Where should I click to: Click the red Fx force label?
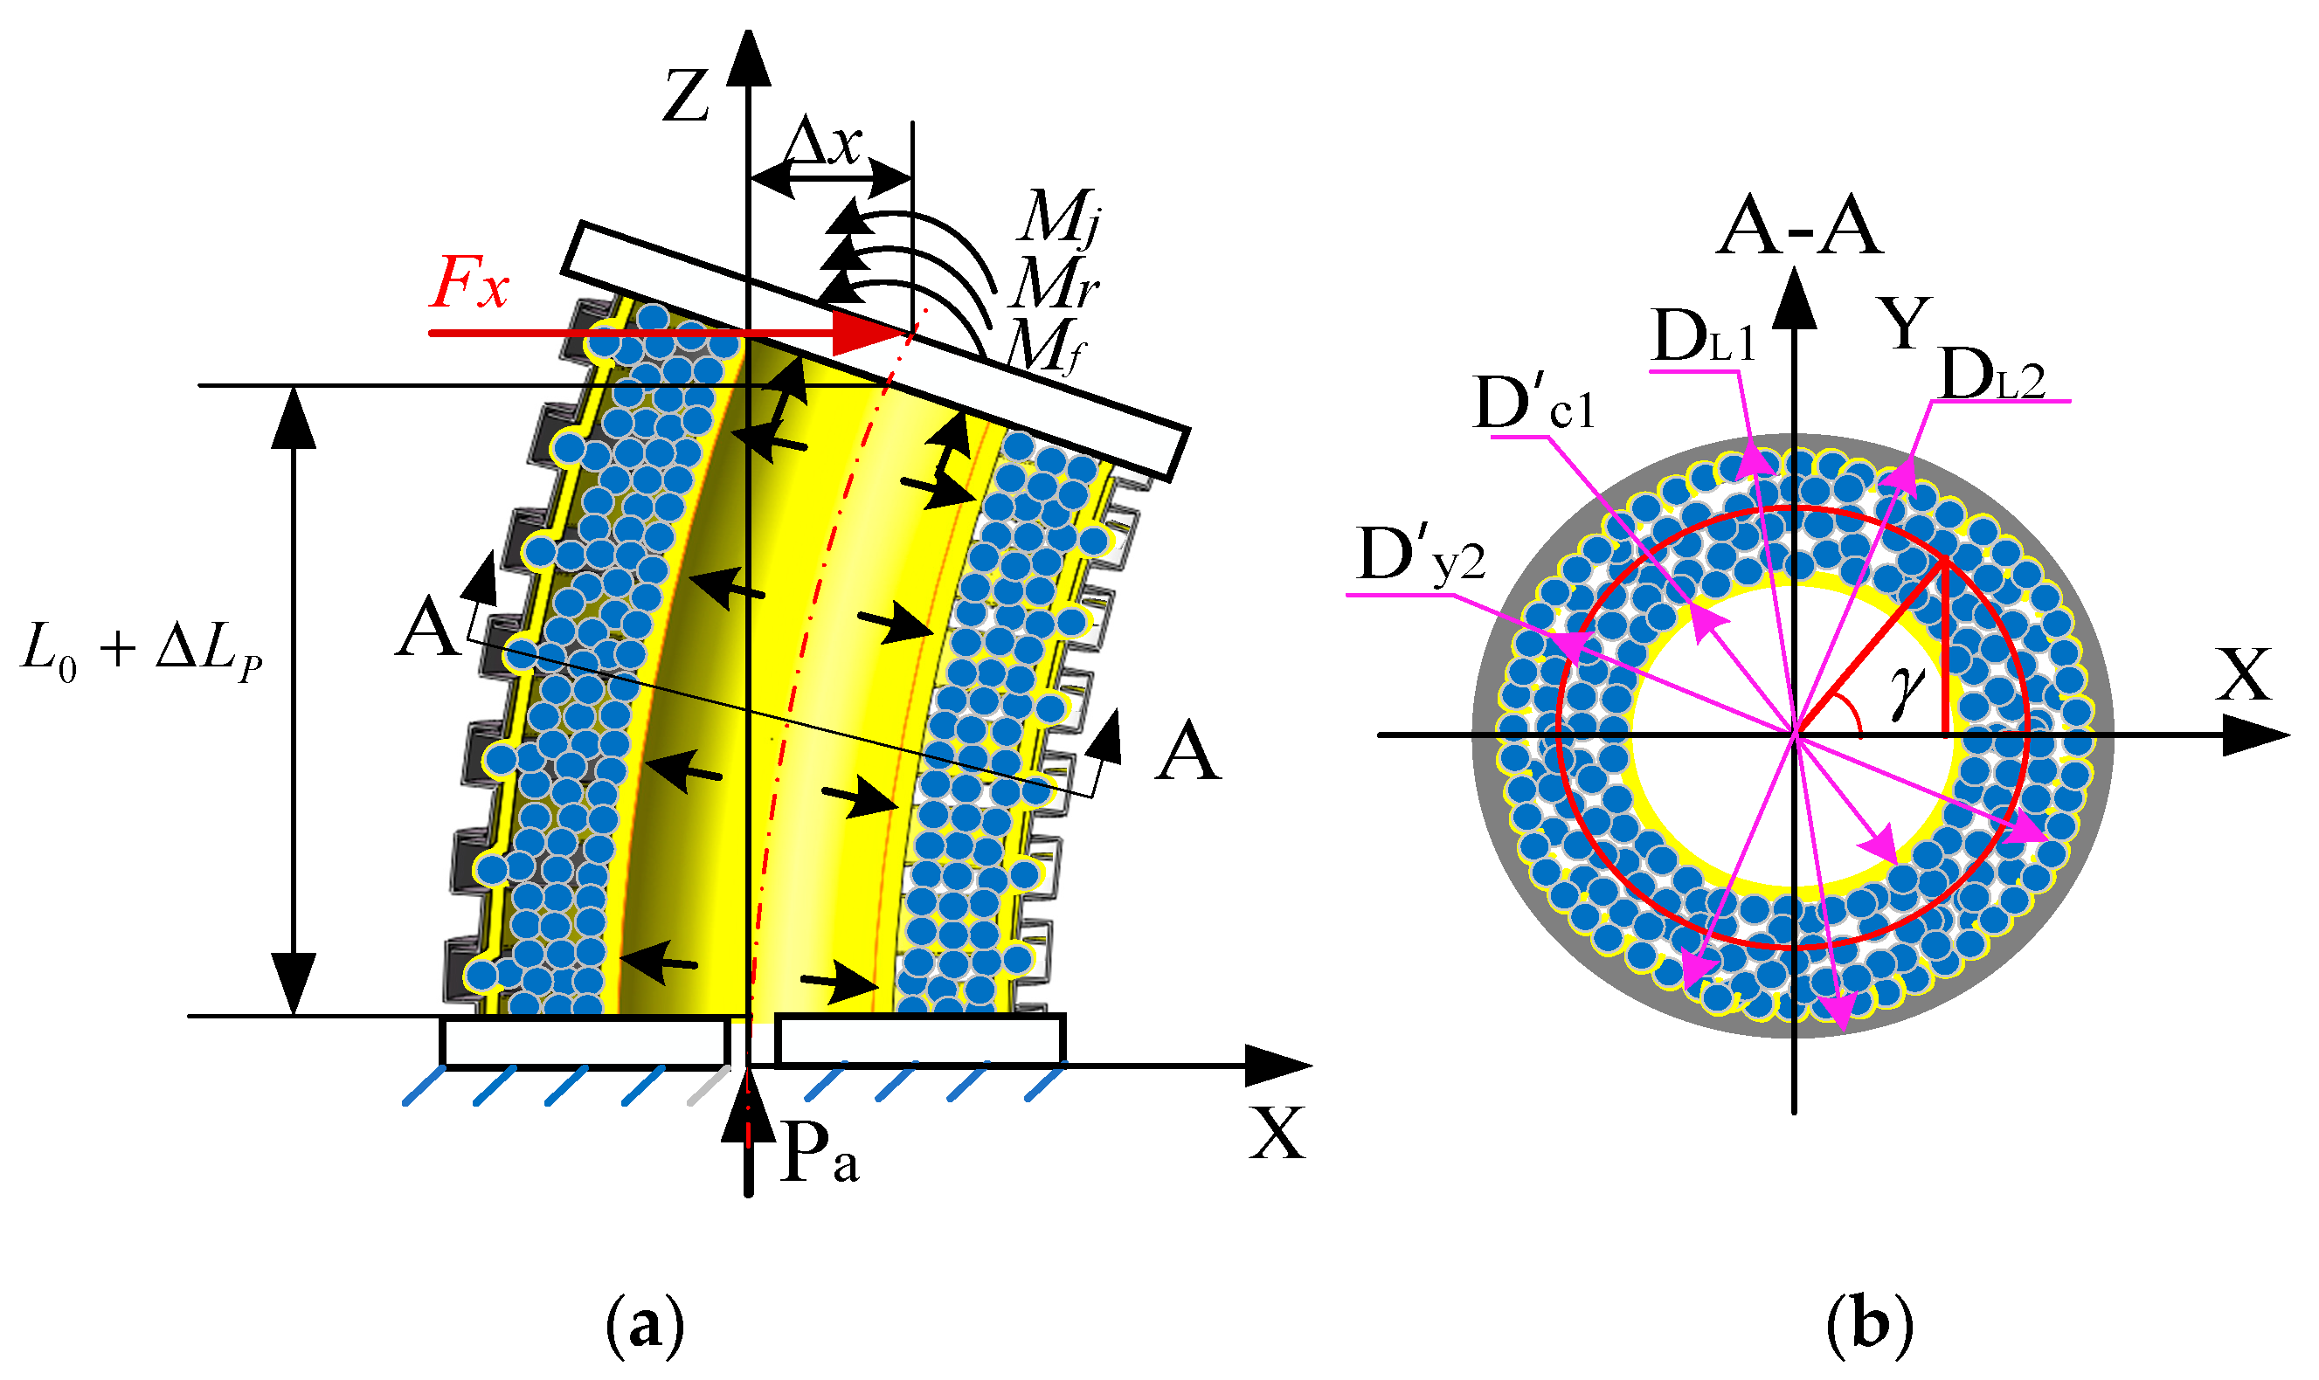pyautogui.click(x=469, y=282)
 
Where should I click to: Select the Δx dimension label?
pyautogui.click(x=822, y=144)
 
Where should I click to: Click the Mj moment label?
pyautogui.click(x=1061, y=218)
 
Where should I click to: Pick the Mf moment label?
pyautogui.click(x=1048, y=346)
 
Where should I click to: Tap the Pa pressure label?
pyautogui.click(x=819, y=1153)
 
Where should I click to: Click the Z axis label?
pyautogui.click(x=686, y=98)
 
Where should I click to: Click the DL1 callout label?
pyautogui.click(x=1702, y=336)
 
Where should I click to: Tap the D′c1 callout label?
pyautogui.click(x=1535, y=404)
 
